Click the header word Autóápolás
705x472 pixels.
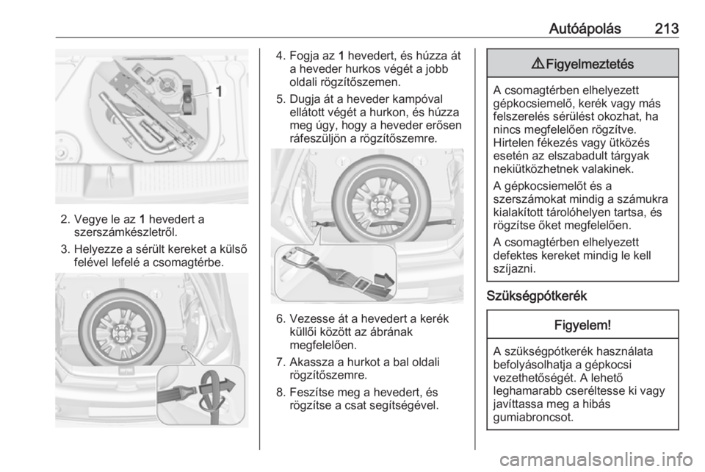[x=585, y=29]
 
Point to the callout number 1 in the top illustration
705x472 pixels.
[x=219, y=92]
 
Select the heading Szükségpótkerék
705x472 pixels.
[x=537, y=296]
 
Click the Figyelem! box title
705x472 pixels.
[x=582, y=324]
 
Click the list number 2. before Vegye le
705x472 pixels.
[x=65, y=220]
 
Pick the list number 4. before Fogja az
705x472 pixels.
[x=281, y=56]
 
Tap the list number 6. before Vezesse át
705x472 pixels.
[x=281, y=319]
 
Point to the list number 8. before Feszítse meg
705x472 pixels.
[x=281, y=393]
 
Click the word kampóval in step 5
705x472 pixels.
[x=418, y=99]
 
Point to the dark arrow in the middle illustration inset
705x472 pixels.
[x=384, y=280]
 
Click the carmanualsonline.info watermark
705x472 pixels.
[x=599, y=460]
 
